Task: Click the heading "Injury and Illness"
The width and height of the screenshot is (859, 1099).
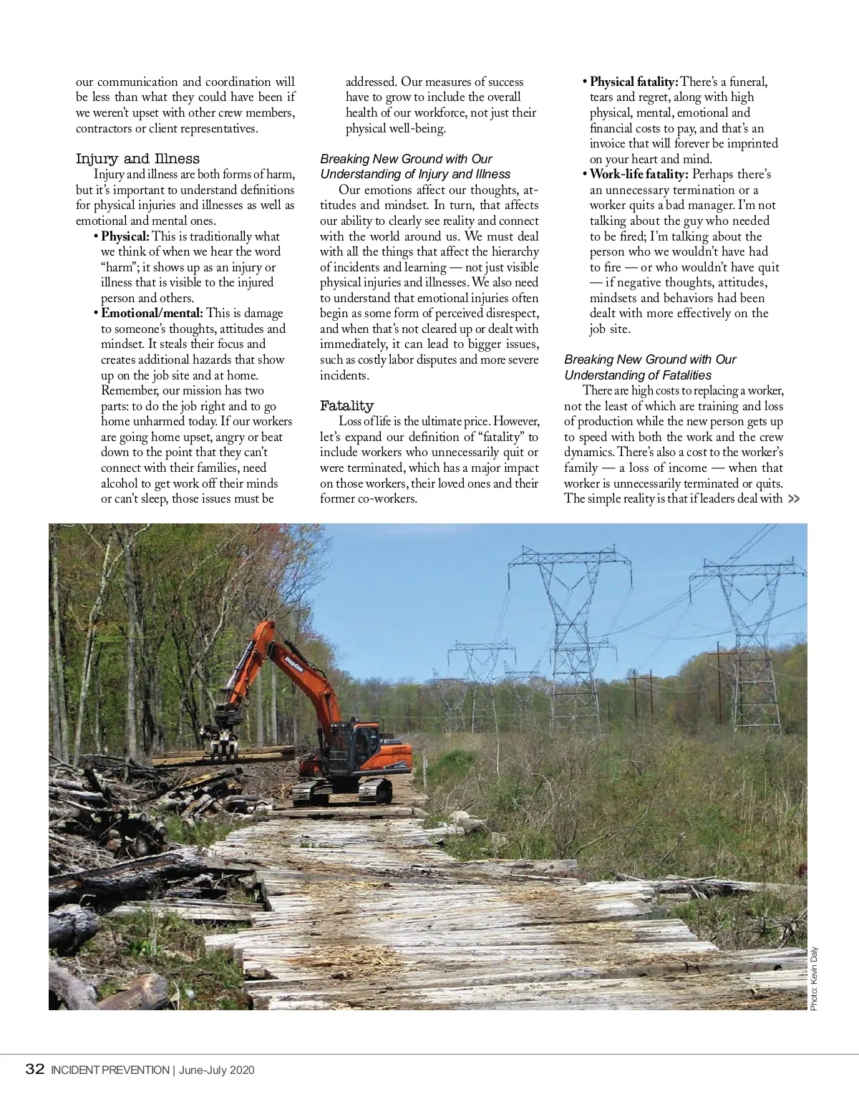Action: [x=137, y=159]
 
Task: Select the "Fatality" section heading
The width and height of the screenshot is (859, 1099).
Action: [x=346, y=406]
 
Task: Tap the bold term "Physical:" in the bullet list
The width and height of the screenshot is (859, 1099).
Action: [x=125, y=236]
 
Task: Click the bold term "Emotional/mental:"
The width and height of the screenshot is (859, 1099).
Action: [x=152, y=313]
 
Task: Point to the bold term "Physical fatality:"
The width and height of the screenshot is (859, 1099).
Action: [x=634, y=82]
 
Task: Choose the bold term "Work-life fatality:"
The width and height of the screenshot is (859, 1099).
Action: [x=639, y=174]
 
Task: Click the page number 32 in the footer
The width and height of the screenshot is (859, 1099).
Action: [x=34, y=1070]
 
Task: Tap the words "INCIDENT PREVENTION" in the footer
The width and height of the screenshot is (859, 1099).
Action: [x=109, y=1070]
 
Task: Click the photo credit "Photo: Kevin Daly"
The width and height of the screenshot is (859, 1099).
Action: [x=814, y=979]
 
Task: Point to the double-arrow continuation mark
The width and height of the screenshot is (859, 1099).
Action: [x=793, y=499]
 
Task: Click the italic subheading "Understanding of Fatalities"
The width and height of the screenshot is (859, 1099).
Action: [x=638, y=375]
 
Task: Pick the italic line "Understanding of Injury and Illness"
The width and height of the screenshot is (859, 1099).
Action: [x=415, y=174]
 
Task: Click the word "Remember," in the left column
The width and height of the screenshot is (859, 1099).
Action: [x=132, y=391]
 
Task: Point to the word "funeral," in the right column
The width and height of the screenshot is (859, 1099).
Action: [x=748, y=82]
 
